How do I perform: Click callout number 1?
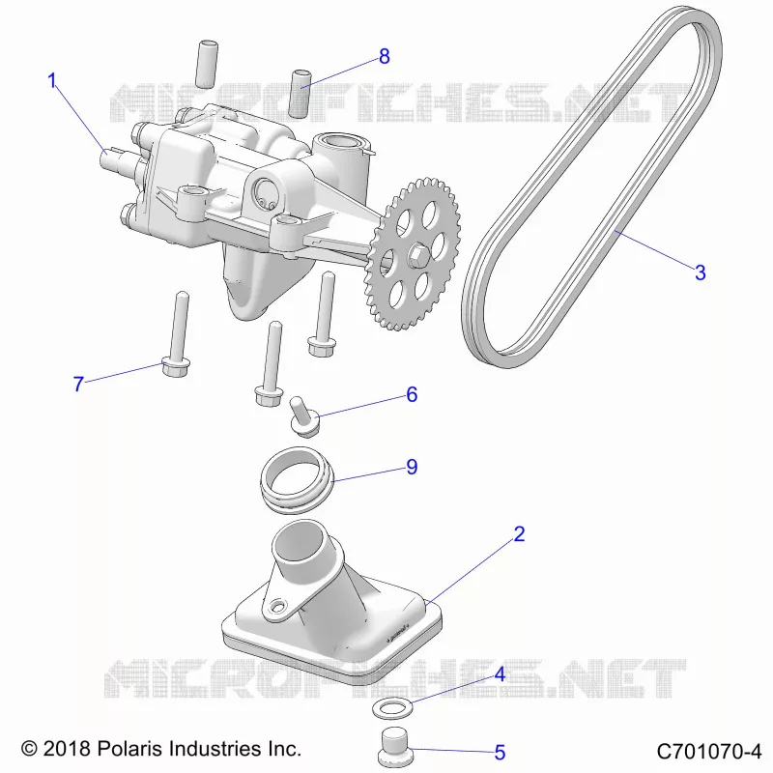tap(52, 81)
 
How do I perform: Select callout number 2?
tap(519, 534)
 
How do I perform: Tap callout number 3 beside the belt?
tap(700, 272)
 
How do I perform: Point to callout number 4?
tap(500, 674)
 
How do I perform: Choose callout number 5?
tap(500, 753)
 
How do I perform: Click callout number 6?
tap(412, 394)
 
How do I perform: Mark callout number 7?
tap(78, 384)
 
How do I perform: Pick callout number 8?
tap(385, 57)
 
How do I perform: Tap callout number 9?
tap(412, 467)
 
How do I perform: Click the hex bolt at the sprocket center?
tap(417, 255)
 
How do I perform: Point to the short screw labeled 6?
tap(302, 417)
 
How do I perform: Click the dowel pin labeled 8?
tap(301, 94)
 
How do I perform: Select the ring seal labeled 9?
tap(297, 479)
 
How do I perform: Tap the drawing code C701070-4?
tap(709, 752)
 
